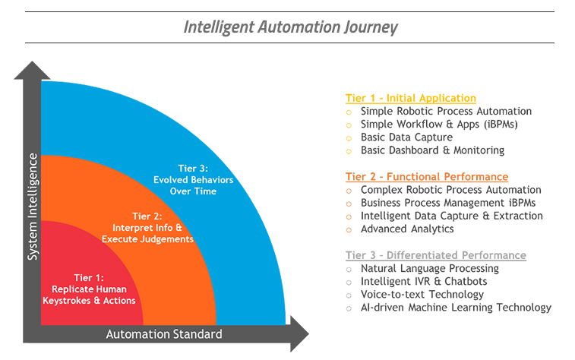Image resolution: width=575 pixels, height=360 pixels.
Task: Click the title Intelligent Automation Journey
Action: (x=291, y=27)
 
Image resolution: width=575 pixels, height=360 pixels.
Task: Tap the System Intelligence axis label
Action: (x=33, y=206)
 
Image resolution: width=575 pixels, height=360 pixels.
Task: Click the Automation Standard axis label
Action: (x=164, y=334)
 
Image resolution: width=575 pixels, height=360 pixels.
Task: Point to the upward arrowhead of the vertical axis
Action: (x=33, y=70)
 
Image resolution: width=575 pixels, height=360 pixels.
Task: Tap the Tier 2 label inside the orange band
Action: (x=147, y=228)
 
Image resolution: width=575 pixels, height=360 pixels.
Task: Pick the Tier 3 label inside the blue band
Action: (x=193, y=179)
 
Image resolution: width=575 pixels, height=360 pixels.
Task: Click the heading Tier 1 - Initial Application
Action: (x=411, y=98)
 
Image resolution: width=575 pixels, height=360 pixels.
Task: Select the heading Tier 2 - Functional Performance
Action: (x=427, y=177)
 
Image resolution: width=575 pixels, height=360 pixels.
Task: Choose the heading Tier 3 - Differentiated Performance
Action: (x=436, y=255)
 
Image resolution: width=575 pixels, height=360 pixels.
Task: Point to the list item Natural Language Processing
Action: (x=430, y=268)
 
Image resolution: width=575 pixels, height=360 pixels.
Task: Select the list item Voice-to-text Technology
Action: (x=422, y=295)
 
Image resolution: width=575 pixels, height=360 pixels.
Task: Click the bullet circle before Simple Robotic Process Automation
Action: (x=349, y=112)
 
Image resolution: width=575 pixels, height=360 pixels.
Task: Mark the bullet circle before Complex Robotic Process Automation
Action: (x=349, y=191)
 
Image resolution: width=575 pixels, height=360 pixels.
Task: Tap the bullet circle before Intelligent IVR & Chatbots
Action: (x=349, y=282)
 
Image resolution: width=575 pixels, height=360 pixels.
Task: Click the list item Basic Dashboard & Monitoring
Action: (x=432, y=150)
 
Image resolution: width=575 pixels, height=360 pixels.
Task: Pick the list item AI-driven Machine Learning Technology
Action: (x=456, y=308)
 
